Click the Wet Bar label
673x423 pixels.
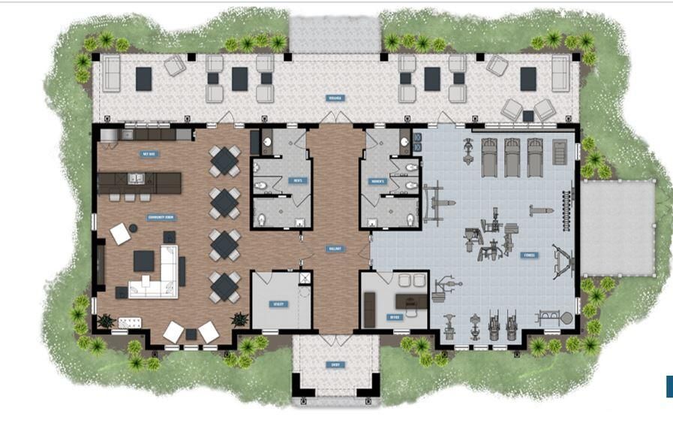pyautogui.click(x=149, y=154)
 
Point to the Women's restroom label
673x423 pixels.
pyautogui.click(x=376, y=181)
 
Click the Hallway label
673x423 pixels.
pyautogui.click(x=334, y=249)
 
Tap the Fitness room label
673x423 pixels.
pyautogui.click(x=530, y=255)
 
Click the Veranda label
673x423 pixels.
pyautogui.click(x=335, y=98)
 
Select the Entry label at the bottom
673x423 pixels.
pyautogui.click(x=335, y=365)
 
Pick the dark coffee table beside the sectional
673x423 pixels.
pyautogui.click(x=144, y=261)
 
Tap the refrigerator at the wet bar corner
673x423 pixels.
pyautogui.click(x=109, y=134)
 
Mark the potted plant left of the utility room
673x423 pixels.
pyautogui.click(x=239, y=319)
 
